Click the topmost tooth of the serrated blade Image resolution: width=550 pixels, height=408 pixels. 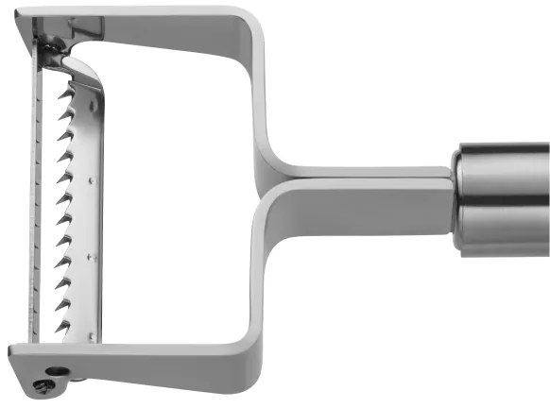(68, 94)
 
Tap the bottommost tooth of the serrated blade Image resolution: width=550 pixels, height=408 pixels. (62, 326)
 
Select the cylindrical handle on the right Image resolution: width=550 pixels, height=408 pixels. (501, 198)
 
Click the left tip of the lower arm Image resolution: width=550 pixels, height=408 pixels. (13, 356)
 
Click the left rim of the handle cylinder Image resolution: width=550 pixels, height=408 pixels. (457, 198)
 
